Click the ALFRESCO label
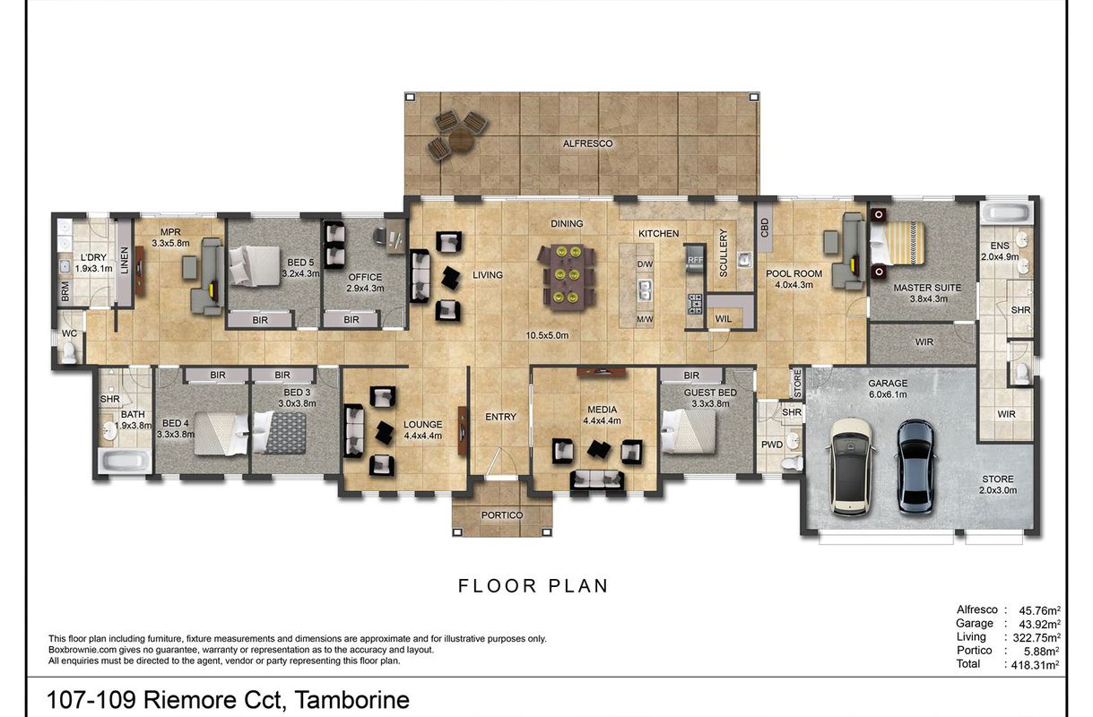[587, 143]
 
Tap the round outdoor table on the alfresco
[461, 140]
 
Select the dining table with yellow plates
[567, 277]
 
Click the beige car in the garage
[851, 466]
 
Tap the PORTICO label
[501, 515]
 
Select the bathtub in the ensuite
[1006, 212]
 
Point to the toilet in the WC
[69, 352]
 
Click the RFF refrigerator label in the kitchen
[695, 260]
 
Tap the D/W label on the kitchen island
[645, 264]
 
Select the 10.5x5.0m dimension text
[547, 335]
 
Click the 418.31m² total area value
[1035, 664]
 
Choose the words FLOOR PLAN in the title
[533, 586]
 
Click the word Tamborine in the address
[351, 700]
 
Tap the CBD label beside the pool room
[764, 228]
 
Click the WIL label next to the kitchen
[723, 319]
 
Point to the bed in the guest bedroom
[688, 431]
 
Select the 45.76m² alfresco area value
[1039, 610]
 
